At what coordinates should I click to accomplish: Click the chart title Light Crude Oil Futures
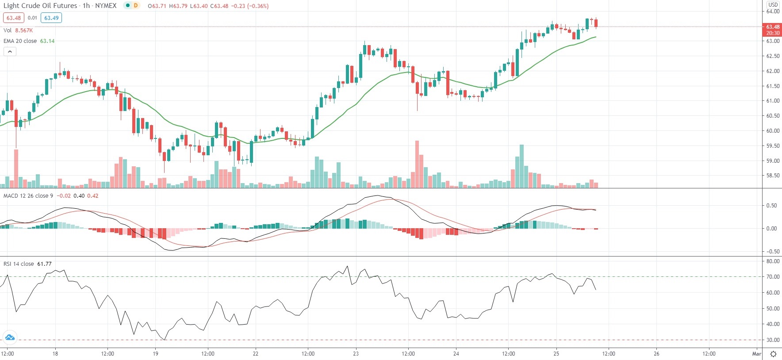(x=40, y=6)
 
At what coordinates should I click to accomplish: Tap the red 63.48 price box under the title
(x=13, y=18)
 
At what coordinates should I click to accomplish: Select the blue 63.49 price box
(x=51, y=18)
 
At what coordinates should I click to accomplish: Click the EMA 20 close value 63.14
(x=47, y=41)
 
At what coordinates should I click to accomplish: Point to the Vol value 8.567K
(x=24, y=31)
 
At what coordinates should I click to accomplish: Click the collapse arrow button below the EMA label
(x=10, y=52)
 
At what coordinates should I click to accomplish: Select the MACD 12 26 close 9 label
(x=28, y=196)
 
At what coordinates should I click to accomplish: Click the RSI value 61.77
(x=44, y=264)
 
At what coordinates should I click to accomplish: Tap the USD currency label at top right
(x=773, y=4)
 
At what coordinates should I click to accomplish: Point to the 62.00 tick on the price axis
(x=773, y=71)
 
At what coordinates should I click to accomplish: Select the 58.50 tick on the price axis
(x=773, y=176)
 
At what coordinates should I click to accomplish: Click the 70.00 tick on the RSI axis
(x=773, y=277)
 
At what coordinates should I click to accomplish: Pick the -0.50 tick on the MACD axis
(x=772, y=252)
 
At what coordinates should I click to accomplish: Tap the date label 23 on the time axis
(x=356, y=354)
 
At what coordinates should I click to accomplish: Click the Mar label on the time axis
(x=756, y=354)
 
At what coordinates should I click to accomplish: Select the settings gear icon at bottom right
(x=773, y=354)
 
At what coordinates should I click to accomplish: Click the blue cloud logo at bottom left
(x=9, y=338)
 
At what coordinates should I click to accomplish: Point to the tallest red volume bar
(x=417, y=164)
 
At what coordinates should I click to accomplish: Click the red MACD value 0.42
(x=93, y=196)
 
